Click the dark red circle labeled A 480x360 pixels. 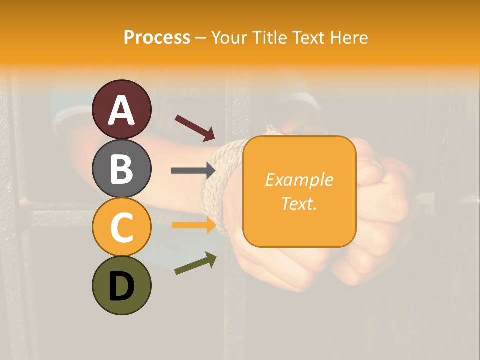point(121,109)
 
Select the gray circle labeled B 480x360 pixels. point(121,168)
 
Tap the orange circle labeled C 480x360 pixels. point(121,227)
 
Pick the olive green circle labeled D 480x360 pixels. point(121,285)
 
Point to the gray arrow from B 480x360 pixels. point(193,170)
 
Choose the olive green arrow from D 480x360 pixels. point(195,263)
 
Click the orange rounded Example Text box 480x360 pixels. point(299,191)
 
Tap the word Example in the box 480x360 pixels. point(299,180)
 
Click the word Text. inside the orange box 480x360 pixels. point(299,203)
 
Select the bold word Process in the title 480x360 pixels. point(157,37)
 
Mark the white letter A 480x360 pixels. point(121,110)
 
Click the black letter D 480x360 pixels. point(121,286)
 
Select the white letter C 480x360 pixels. point(121,228)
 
